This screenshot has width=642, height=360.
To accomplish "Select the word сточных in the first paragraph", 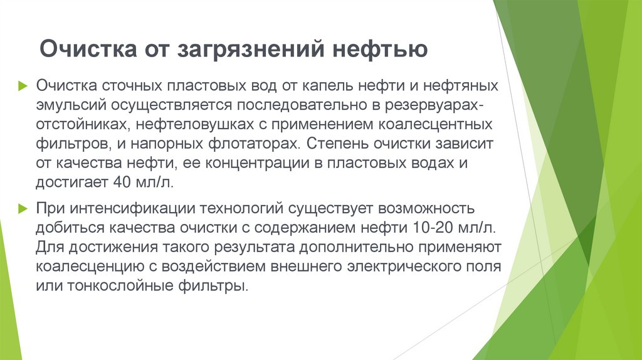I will (x=127, y=85).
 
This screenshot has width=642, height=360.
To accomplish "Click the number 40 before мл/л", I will (x=122, y=183).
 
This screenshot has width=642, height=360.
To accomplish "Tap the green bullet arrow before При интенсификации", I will (x=23, y=208).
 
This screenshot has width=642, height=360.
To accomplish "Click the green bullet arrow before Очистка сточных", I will (x=23, y=85).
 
